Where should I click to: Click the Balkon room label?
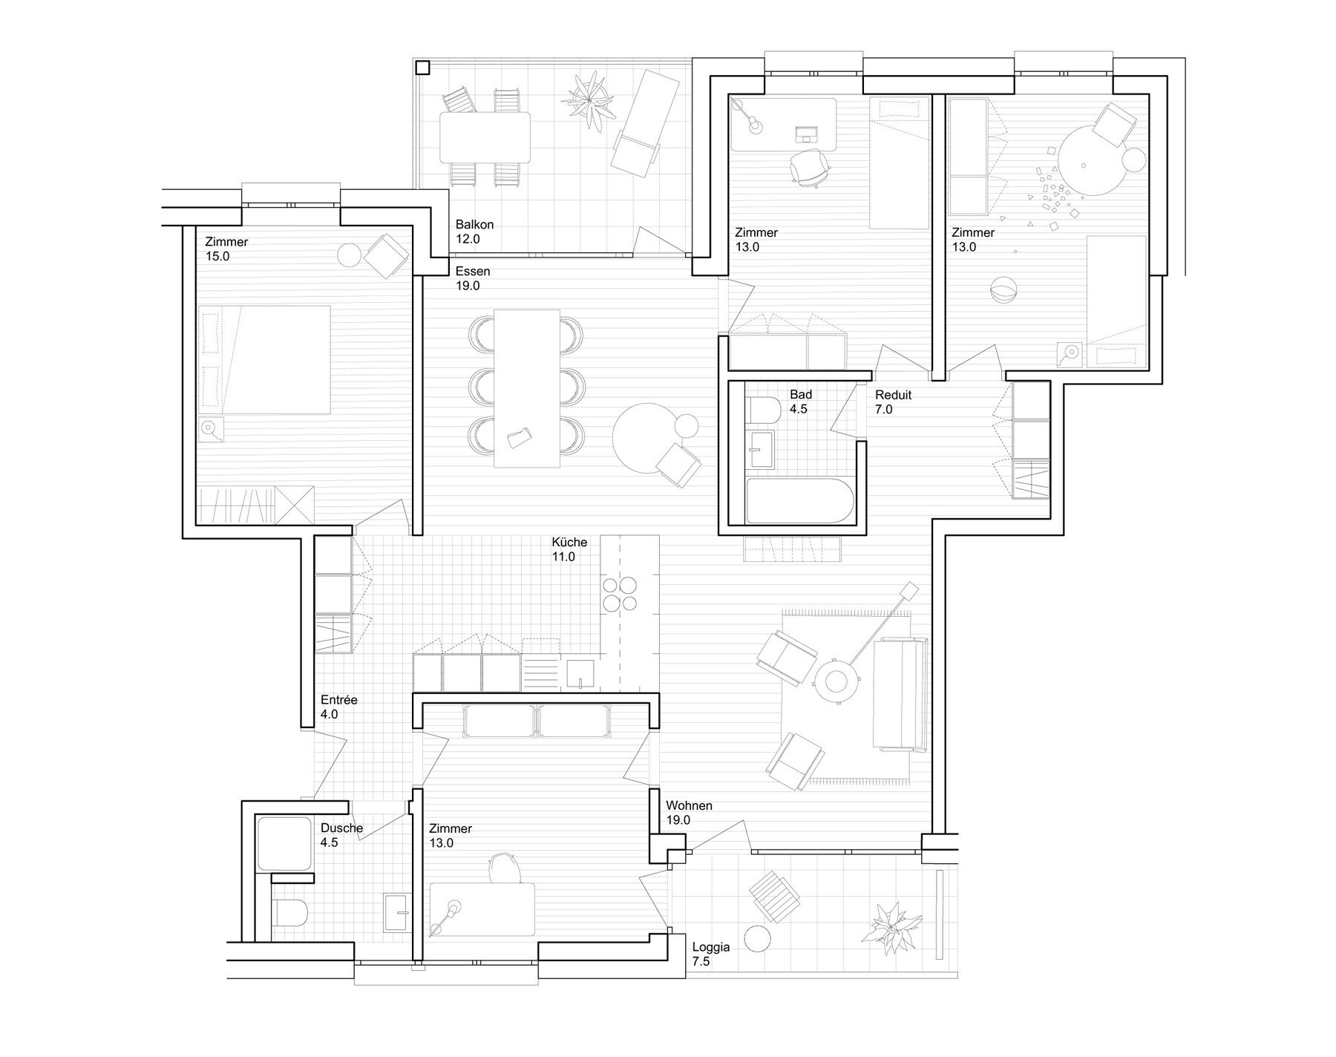coord(474,225)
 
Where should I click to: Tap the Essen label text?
coord(473,271)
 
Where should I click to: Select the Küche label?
coord(569,542)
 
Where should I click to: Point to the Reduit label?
coord(893,395)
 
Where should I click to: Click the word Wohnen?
coord(689,805)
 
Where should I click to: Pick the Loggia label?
coord(711,947)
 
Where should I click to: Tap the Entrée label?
coord(339,700)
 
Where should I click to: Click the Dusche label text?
coord(341,828)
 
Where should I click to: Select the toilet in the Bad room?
coord(764,410)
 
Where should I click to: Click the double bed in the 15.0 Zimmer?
coord(263,359)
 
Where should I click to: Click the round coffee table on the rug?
coord(836,679)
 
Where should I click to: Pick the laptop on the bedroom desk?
coord(807,134)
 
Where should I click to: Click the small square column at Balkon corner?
coord(422,68)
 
